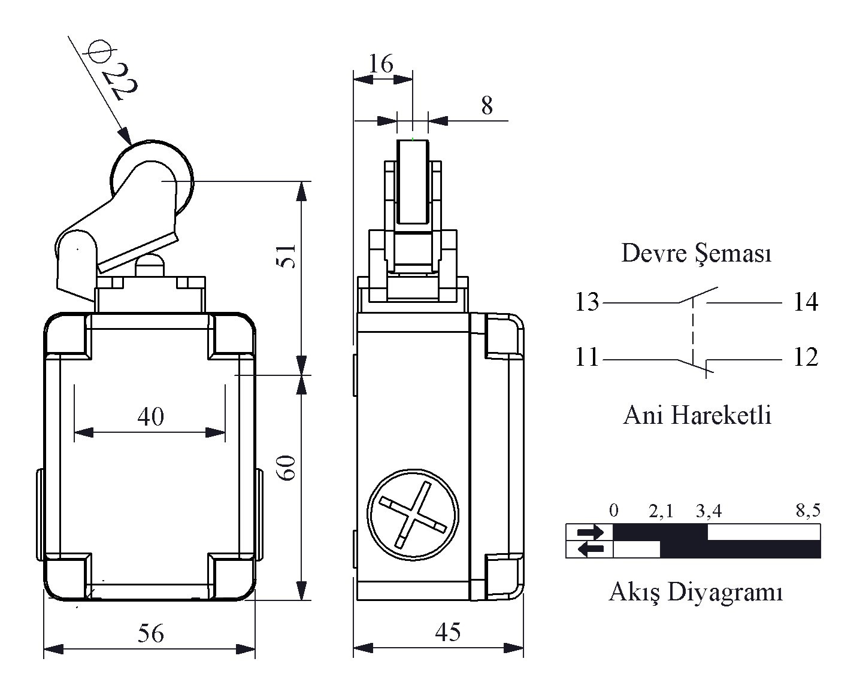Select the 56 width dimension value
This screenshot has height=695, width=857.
click(x=150, y=633)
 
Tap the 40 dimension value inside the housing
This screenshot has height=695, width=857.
click(x=150, y=416)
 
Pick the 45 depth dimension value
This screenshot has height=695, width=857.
click(x=448, y=632)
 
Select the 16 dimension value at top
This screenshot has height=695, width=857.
click(x=381, y=63)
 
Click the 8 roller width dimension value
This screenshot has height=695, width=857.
click(x=487, y=106)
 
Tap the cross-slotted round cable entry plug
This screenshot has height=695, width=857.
click(x=413, y=515)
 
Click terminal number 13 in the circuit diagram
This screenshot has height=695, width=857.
click(x=587, y=302)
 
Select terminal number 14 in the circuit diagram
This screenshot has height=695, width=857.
click(x=805, y=302)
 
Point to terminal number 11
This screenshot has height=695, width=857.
click(x=587, y=357)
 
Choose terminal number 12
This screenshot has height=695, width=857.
click(x=805, y=357)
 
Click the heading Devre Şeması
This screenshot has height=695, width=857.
click(x=696, y=253)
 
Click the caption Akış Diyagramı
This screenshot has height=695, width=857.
click(x=696, y=592)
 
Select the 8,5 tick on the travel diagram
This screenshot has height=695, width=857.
click(x=808, y=511)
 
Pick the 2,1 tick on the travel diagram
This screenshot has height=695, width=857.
click(x=661, y=511)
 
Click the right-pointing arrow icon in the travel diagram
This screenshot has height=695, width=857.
click(x=590, y=532)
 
